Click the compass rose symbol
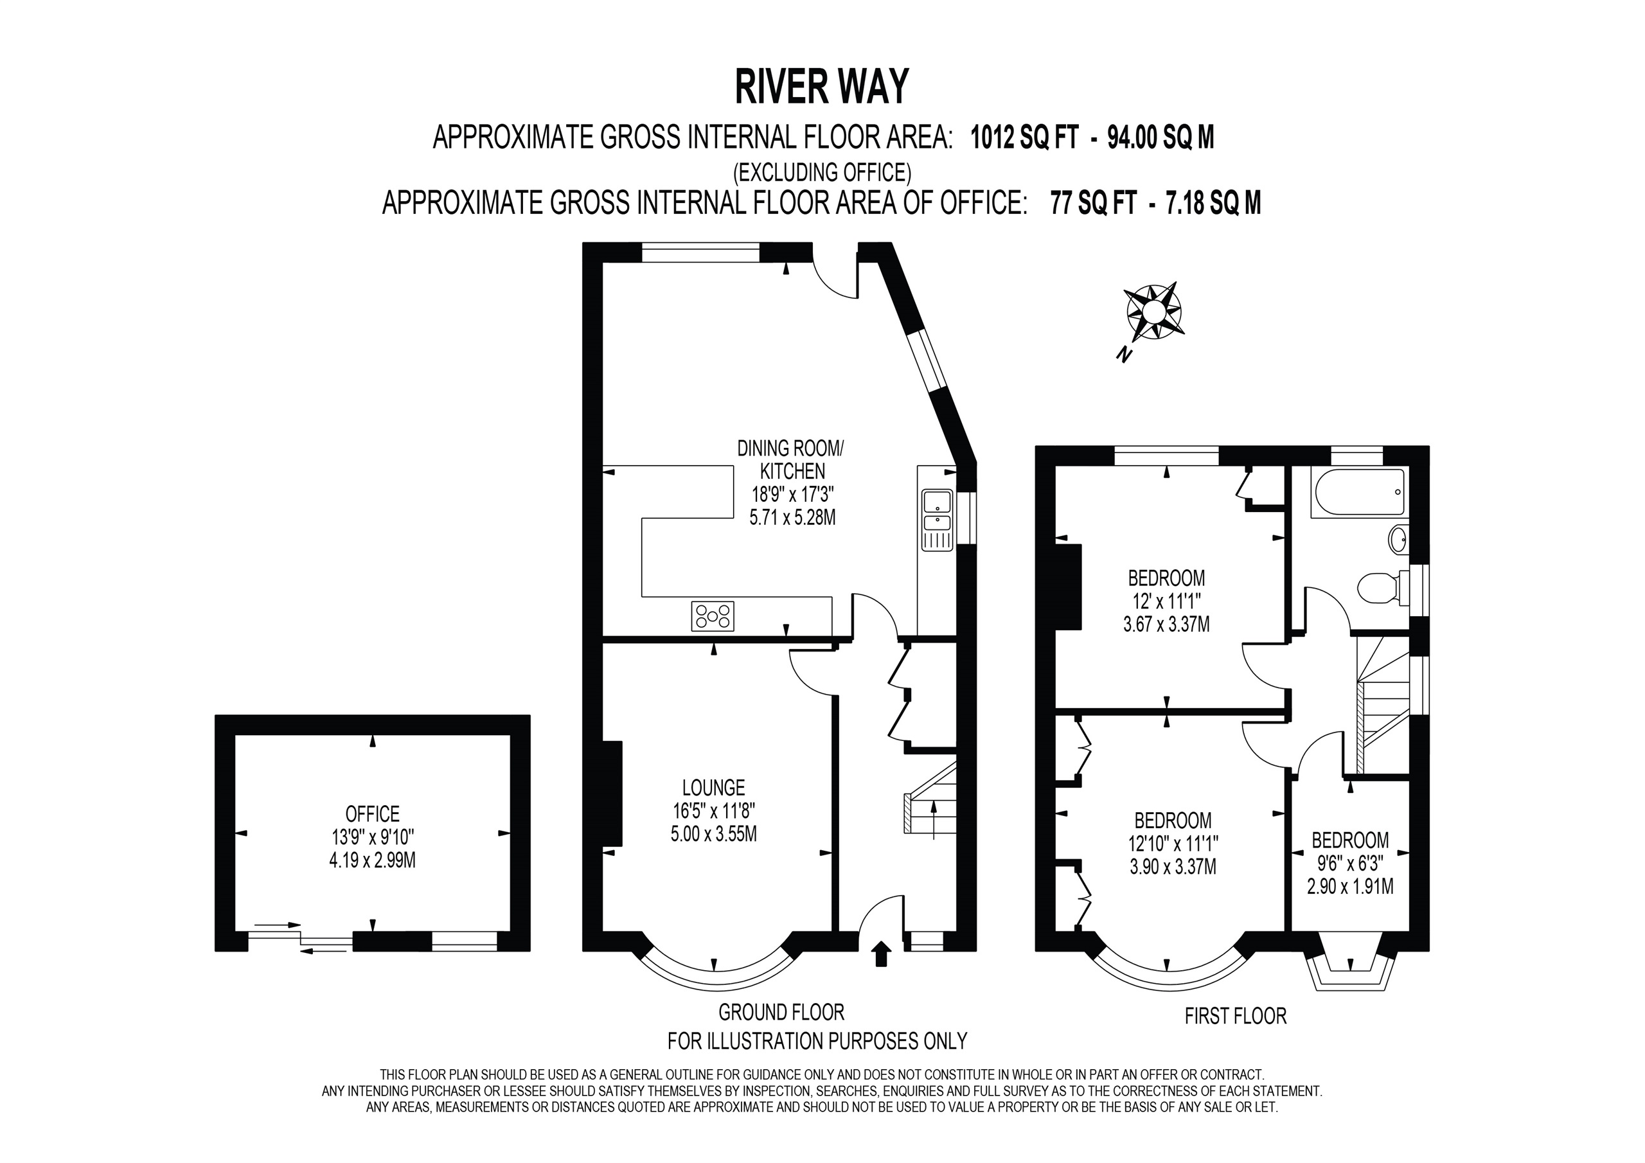(1153, 312)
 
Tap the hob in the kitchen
(713, 616)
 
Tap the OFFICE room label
(373, 814)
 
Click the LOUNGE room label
(714, 788)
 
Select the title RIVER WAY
(822, 87)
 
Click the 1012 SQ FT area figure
(1024, 137)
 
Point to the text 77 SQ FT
(1093, 203)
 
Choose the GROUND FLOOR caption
(781, 1013)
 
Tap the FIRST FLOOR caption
(1236, 1016)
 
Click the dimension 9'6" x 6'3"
(1351, 864)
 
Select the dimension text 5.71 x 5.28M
(792, 517)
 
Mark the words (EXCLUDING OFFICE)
(822, 172)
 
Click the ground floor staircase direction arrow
(933, 821)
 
